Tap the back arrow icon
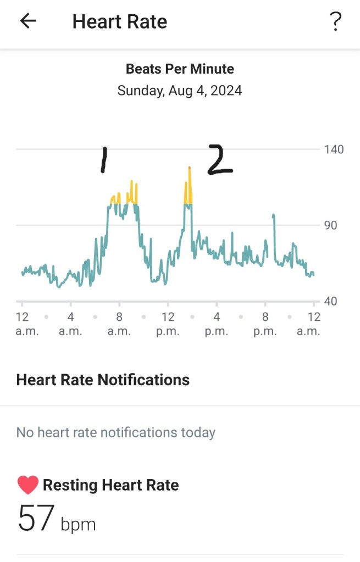tap(28, 21)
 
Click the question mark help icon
tap(335, 21)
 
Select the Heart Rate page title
tap(119, 21)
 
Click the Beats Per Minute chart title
tap(180, 69)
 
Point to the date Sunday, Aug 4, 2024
tap(180, 90)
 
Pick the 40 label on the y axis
tap(331, 301)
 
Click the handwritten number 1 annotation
tap(103, 160)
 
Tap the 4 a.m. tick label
tap(70, 324)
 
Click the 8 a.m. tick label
tap(119, 324)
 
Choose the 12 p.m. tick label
tap(168, 324)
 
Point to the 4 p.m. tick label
tap(216, 324)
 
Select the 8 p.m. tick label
tap(265, 324)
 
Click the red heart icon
tap(27, 485)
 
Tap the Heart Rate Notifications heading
tap(103, 380)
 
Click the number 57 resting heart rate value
tap(36, 519)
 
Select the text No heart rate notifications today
tap(115, 432)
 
